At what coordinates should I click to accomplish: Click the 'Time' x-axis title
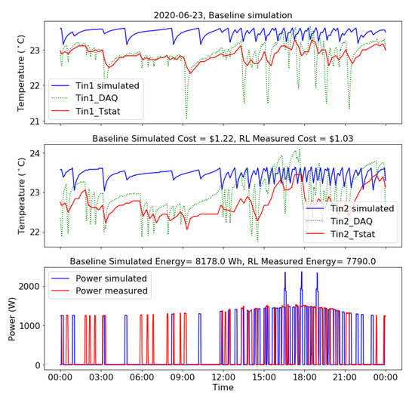point(223,387)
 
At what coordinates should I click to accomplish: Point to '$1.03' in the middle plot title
point(337,139)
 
